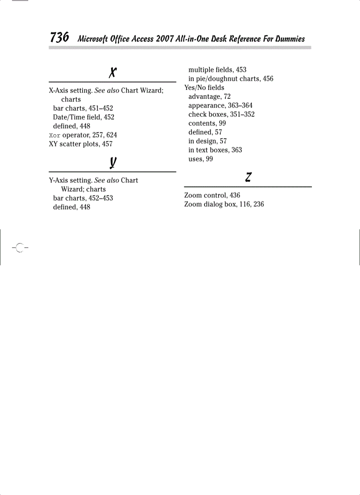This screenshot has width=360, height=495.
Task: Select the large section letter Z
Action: pos(248,177)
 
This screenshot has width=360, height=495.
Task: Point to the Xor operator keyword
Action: pos(54,135)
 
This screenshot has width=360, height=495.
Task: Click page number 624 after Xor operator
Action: pos(112,135)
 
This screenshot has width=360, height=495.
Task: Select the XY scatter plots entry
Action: pos(80,144)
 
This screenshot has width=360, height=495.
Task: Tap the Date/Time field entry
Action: pos(83,117)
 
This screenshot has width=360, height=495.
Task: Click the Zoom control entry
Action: pos(212,195)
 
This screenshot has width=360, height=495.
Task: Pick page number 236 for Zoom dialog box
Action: pos(259,204)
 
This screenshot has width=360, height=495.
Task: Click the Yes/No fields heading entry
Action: pos(204,87)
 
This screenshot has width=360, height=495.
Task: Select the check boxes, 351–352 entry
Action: pos(221,114)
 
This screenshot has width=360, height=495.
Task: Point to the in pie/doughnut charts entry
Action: pos(231,78)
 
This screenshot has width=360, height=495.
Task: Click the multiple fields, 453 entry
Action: pos(217,70)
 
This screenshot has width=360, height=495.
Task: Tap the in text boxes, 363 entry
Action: pos(215,150)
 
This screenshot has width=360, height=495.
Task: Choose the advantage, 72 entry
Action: pos(210,96)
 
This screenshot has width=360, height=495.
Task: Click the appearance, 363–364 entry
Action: pos(221,105)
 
